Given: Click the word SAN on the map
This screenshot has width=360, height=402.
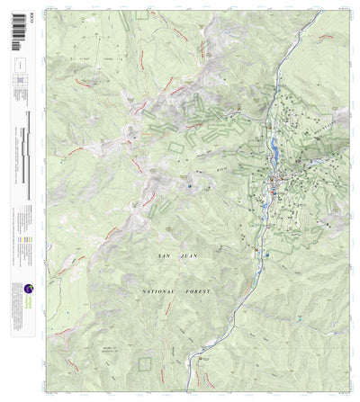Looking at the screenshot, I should tap(162, 257).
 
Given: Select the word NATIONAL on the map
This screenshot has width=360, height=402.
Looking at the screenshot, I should tap(158, 292).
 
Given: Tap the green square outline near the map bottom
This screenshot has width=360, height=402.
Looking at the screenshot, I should tap(145, 364).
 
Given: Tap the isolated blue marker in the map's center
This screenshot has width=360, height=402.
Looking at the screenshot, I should tap(191, 186).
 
